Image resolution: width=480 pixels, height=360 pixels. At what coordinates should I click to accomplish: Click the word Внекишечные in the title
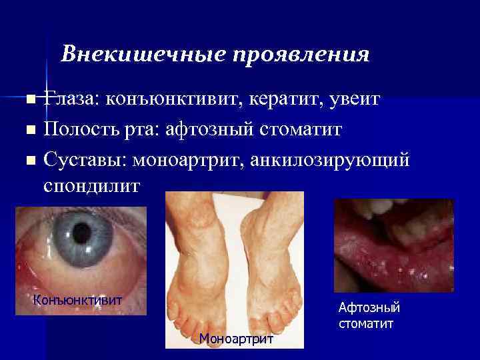click(137, 53)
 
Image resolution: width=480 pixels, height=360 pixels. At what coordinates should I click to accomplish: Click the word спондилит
click(91, 186)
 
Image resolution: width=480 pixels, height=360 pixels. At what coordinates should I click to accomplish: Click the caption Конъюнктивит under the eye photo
click(78, 299)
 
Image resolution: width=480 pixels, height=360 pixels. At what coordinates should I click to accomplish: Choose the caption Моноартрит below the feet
click(236, 339)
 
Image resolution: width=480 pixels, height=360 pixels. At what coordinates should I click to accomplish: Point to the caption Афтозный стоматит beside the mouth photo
click(369, 315)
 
